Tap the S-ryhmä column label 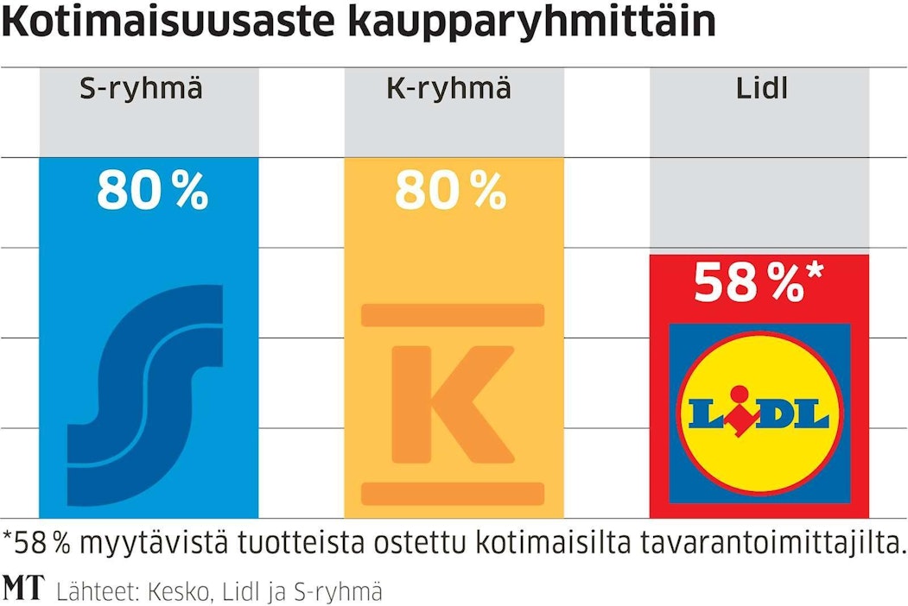click(141, 89)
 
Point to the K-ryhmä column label click(448, 89)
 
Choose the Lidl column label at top click(762, 89)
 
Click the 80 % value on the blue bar click(152, 192)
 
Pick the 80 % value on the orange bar click(450, 192)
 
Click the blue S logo click(146, 395)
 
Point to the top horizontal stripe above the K click(453, 315)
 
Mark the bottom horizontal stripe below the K click(453, 493)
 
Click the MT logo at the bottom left click(24, 590)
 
